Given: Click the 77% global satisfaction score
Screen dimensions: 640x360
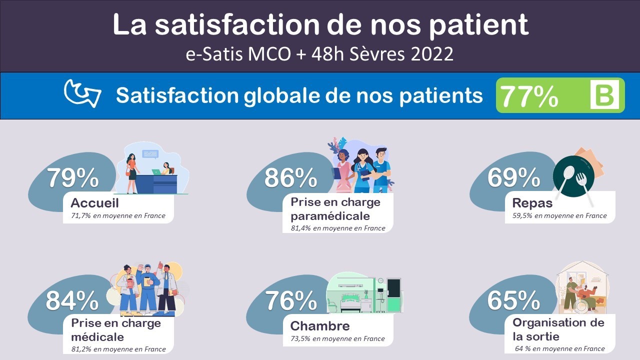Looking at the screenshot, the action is tap(529, 96).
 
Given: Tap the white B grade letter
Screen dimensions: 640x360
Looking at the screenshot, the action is tap(604, 95).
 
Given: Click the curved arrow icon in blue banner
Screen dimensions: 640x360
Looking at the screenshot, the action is tap(82, 93).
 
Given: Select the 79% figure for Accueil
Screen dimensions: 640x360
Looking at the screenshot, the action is tap(73, 177).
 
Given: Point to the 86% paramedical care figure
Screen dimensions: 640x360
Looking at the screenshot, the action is tap(290, 177).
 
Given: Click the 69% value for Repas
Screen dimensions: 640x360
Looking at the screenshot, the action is tap(513, 177).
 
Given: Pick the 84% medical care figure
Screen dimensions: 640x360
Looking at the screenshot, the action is tap(72, 300).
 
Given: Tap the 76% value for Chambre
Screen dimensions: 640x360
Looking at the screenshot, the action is tap(291, 300).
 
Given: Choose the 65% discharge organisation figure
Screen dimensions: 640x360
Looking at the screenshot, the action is tap(513, 300).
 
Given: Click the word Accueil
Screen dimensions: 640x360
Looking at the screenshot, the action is tap(94, 203).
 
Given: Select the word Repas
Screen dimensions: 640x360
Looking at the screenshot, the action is tap(532, 203).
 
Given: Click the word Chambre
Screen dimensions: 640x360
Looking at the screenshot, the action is tap(319, 326).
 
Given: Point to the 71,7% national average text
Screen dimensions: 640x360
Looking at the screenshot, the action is tap(81, 215).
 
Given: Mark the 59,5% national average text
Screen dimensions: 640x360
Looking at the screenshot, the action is tap(522, 215).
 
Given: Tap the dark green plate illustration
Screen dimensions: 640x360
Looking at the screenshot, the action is tap(573, 176).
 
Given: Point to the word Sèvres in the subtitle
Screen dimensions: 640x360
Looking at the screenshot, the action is tap(377, 54).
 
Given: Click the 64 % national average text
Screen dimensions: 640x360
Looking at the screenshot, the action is tap(522, 348).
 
